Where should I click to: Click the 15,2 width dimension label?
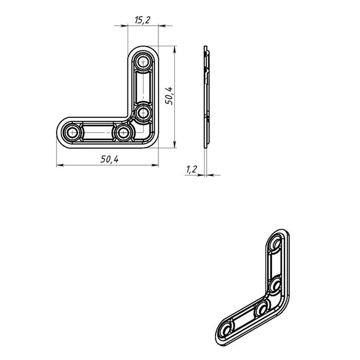pyautogui.click(x=142, y=20)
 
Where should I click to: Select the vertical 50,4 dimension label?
pyautogui.click(x=169, y=96)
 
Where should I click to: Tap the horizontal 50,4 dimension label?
pyautogui.click(x=110, y=159)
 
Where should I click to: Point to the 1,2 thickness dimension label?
pyautogui.click(x=191, y=169)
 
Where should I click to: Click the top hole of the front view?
pyautogui.click(x=143, y=62)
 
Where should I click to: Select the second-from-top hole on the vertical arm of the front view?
pyautogui.click(x=143, y=113)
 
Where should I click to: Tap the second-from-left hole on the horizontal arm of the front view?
pyautogui.click(x=123, y=133)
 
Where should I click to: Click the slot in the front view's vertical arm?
pyautogui.click(x=143, y=87)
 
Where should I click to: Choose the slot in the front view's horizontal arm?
pyautogui.click(x=98, y=133)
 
